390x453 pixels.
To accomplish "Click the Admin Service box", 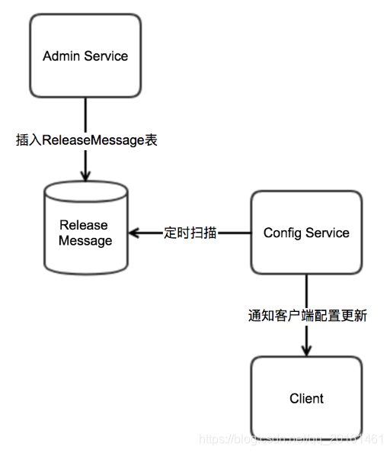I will pos(85,56).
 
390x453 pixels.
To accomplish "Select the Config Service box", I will pos(306,233).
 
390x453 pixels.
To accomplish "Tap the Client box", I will pos(306,398).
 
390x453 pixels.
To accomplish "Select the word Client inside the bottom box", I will pos(306,398).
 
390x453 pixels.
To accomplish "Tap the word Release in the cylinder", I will pos(84,225).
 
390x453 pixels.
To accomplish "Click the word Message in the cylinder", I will pos(85,240).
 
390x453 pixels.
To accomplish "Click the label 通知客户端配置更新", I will pos(308,315).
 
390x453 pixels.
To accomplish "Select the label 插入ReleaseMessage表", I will pos(86,140).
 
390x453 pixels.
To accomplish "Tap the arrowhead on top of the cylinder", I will pos(85,175).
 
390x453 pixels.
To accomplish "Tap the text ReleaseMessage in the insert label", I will pos(93,140).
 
